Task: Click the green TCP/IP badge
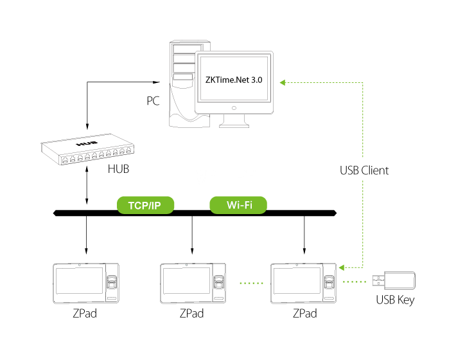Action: [x=145, y=206]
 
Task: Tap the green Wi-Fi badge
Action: [x=238, y=206]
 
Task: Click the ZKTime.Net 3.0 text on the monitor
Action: [x=234, y=80]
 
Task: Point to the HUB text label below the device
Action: [x=119, y=170]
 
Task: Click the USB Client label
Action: [x=364, y=171]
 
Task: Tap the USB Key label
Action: [x=395, y=300]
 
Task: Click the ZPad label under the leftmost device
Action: [x=85, y=314]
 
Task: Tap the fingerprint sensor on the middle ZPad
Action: [x=220, y=281]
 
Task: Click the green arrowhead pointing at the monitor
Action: [x=285, y=82]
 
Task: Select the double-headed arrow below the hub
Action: [x=86, y=188]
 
